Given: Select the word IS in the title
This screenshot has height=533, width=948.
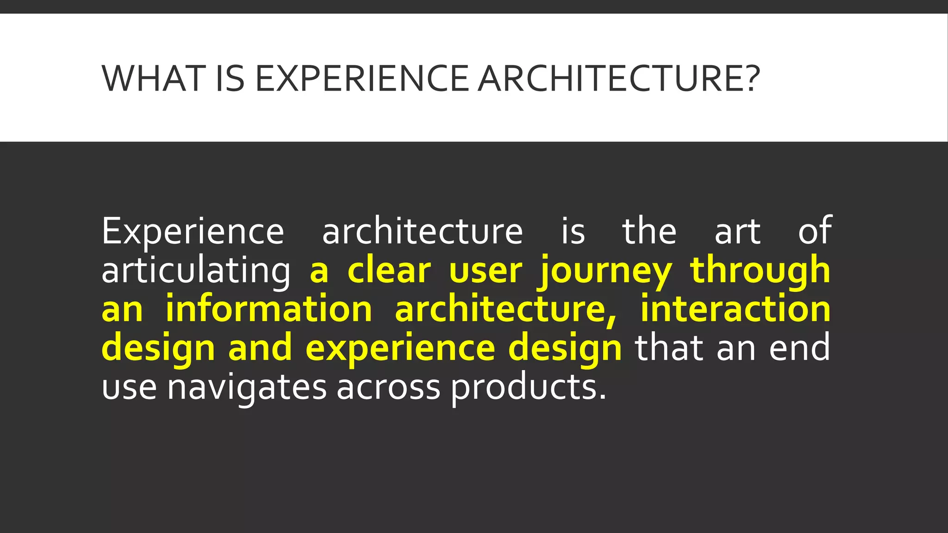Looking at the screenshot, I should coord(230,79).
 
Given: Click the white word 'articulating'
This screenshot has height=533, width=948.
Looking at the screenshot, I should coord(196,271).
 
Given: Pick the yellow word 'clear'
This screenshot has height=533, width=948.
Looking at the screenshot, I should coord(389,271).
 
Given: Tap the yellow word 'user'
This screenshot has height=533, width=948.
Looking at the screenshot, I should coord(486,271).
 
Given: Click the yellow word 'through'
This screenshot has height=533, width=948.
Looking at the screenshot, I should coord(760,271).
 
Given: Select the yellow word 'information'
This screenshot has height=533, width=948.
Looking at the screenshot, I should coord(269,309).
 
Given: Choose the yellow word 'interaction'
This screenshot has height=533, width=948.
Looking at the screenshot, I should coord(736,309).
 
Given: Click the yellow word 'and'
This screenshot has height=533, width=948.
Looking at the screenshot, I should coord(260,348).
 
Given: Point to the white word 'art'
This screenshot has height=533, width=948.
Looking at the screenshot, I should coord(737,231).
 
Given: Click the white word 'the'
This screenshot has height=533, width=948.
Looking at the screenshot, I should coord(649,231).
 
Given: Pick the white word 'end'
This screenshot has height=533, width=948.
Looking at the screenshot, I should coord(800,348).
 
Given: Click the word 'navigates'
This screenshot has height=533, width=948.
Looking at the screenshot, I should coord(247,387).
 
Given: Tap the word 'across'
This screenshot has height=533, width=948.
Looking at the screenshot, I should coord(388,387).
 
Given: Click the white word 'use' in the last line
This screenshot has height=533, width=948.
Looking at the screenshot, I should coord(129,387).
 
